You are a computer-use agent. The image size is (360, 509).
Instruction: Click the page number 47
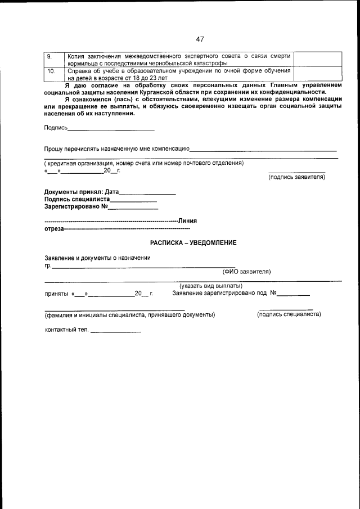pyautogui.click(x=200, y=39)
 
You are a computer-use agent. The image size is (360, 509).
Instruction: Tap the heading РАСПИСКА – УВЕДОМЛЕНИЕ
pyautogui.click(x=193, y=243)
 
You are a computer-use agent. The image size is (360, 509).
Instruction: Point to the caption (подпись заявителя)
pyautogui.click(x=297, y=177)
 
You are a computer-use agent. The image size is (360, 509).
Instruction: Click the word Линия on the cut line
pyautogui.click(x=187, y=220)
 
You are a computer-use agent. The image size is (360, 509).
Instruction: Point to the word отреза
pyautogui.click(x=54, y=229)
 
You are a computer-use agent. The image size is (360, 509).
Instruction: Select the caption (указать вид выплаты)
pyautogui.click(x=211, y=286)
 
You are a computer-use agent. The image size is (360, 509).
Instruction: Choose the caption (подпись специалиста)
pyautogui.click(x=289, y=314)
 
